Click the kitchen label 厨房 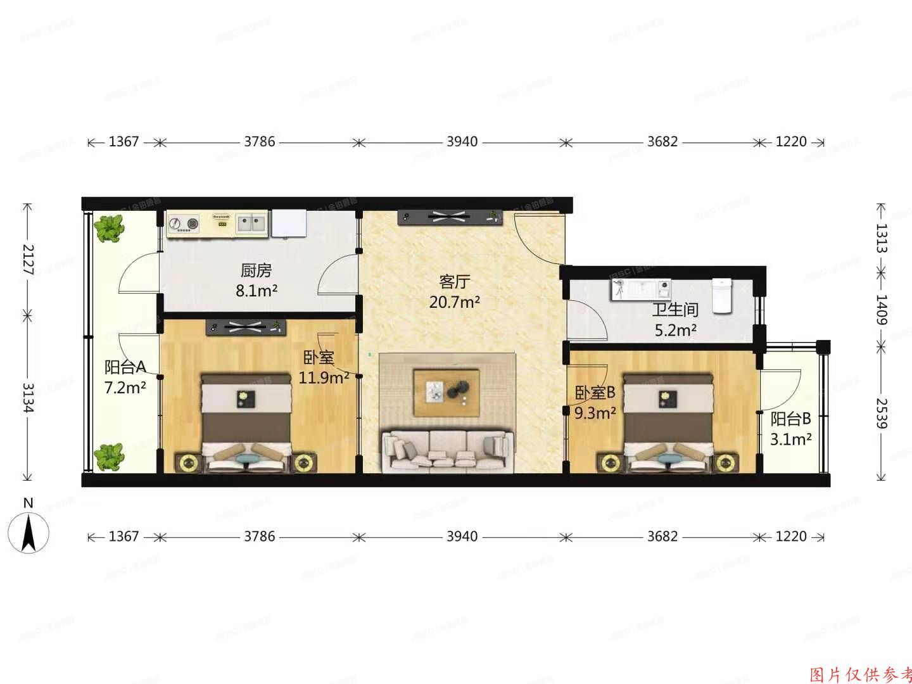(256, 271)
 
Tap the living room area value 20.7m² (454, 302)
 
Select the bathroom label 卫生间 (675, 310)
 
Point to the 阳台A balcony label (125, 367)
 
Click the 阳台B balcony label (790, 419)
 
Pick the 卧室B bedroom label (595, 393)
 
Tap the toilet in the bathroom (722, 296)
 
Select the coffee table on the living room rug (446, 393)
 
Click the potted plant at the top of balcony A (108, 227)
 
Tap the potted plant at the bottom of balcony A (108, 457)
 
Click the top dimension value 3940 (462, 142)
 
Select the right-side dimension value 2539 (880, 412)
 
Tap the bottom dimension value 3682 (662, 536)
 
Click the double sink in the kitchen (252, 223)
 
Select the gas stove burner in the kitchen (184, 224)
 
